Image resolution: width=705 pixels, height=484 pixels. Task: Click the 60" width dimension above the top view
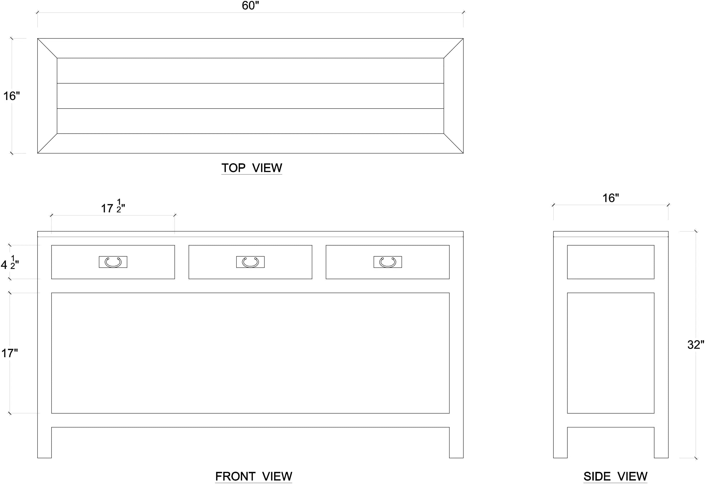click(x=250, y=6)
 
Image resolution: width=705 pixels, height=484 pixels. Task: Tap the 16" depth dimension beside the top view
click(x=11, y=96)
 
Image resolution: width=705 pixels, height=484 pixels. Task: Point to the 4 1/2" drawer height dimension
click(x=10, y=263)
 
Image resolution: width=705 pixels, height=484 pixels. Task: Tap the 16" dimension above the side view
click(x=611, y=198)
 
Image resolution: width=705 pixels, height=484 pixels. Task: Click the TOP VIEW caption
click(x=252, y=168)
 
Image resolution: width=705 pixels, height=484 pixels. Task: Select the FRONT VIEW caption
click(x=254, y=476)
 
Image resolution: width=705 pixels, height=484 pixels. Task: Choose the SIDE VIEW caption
click(x=615, y=476)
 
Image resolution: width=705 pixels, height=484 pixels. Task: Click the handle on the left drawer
click(x=113, y=262)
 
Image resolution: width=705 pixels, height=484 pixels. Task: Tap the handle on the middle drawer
click(x=250, y=262)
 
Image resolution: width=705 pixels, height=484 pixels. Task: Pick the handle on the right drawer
click(x=388, y=262)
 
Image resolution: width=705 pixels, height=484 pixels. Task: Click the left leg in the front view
click(x=44, y=442)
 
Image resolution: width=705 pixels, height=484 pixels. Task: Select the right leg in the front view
click(x=456, y=442)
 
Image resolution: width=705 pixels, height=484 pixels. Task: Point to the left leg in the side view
click(x=560, y=442)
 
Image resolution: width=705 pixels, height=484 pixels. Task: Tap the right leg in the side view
click(x=661, y=442)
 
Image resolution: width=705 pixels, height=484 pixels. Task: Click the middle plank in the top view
click(x=250, y=96)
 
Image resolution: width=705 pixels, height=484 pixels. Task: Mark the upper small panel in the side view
click(x=611, y=262)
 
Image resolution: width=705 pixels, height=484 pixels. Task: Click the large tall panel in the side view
click(x=611, y=353)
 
